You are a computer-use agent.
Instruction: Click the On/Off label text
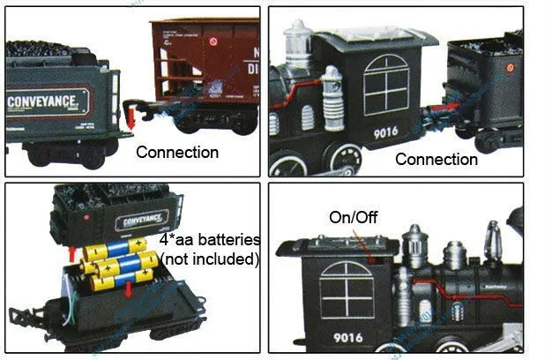(x=353, y=217)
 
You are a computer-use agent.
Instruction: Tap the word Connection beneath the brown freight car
(x=177, y=152)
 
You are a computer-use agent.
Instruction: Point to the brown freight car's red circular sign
(x=212, y=41)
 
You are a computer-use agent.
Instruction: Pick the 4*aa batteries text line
(x=210, y=240)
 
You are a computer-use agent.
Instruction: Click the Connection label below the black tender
(x=436, y=160)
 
